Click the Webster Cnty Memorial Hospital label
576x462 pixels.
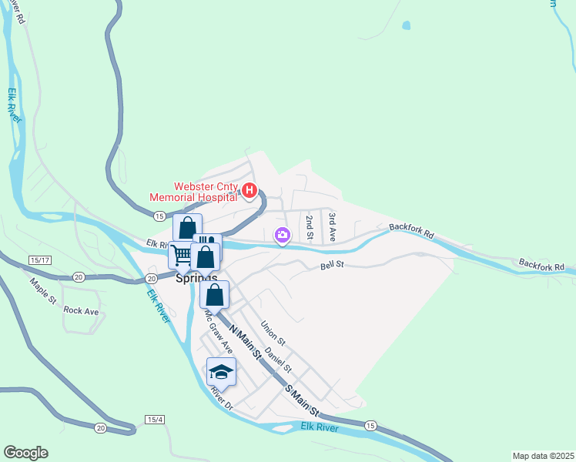click(x=207, y=191)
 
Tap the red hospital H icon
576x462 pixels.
click(x=249, y=191)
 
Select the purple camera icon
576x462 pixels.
click(x=283, y=234)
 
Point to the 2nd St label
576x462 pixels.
click(x=309, y=229)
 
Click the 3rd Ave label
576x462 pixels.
click(x=332, y=226)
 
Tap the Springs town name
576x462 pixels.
click(x=196, y=278)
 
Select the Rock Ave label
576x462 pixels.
click(x=81, y=310)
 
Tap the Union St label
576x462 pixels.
click(x=273, y=333)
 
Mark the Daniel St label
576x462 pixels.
click(x=277, y=360)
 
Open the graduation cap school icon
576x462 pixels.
click(x=222, y=372)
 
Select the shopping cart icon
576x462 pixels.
click(x=183, y=254)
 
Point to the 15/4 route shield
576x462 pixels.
click(x=154, y=420)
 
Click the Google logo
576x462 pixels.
click(x=26, y=453)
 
